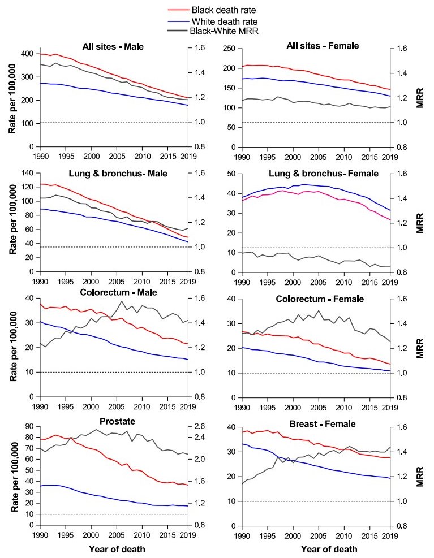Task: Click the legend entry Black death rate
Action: click(219, 10)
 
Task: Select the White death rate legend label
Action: click(220, 21)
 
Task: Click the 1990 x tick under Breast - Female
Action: click(243, 534)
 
